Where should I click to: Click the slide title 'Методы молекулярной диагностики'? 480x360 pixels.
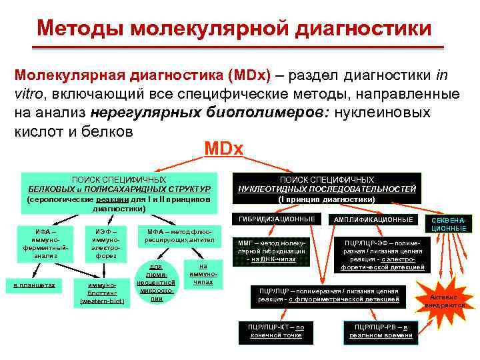click(x=234, y=28)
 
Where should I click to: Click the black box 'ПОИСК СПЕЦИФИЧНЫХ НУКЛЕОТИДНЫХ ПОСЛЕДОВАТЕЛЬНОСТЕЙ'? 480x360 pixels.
click(x=327, y=189)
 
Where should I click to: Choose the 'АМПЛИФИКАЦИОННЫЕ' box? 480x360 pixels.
click(x=373, y=219)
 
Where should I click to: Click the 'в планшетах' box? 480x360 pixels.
click(x=35, y=285)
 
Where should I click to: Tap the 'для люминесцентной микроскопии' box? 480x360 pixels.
click(x=157, y=280)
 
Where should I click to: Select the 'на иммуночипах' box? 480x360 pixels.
click(x=204, y=273)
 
